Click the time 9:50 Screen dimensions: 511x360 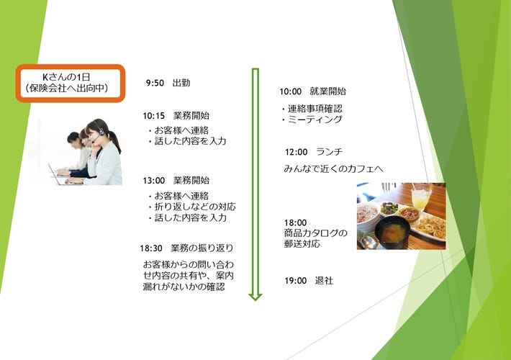tap(155, 83)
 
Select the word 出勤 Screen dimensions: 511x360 tap(181, 83)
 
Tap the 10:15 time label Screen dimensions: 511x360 tap(154, 116)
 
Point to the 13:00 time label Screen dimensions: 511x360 tap(154, 181)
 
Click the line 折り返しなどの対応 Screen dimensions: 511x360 tap(191, 207)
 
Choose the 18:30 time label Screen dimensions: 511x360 tap(151, 248)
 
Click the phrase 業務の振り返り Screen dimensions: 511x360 tap(202, 248)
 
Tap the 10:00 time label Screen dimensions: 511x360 tap(290, 91)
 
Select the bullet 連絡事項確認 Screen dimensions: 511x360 tap(312, 109)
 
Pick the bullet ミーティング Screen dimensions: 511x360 tap(312, 120)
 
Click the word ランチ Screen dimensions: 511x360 tap(330, 152)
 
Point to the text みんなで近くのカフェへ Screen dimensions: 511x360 tap(333, 168)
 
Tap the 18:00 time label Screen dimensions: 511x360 tap(295, 222)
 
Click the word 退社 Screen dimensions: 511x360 tap(324, 280)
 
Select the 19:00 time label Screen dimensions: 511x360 tap(296, 281)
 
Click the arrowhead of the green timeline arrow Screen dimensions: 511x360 tap(256, 297)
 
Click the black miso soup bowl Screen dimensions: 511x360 tap(392, 232)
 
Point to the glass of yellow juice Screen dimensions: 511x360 tap(420, 197)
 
